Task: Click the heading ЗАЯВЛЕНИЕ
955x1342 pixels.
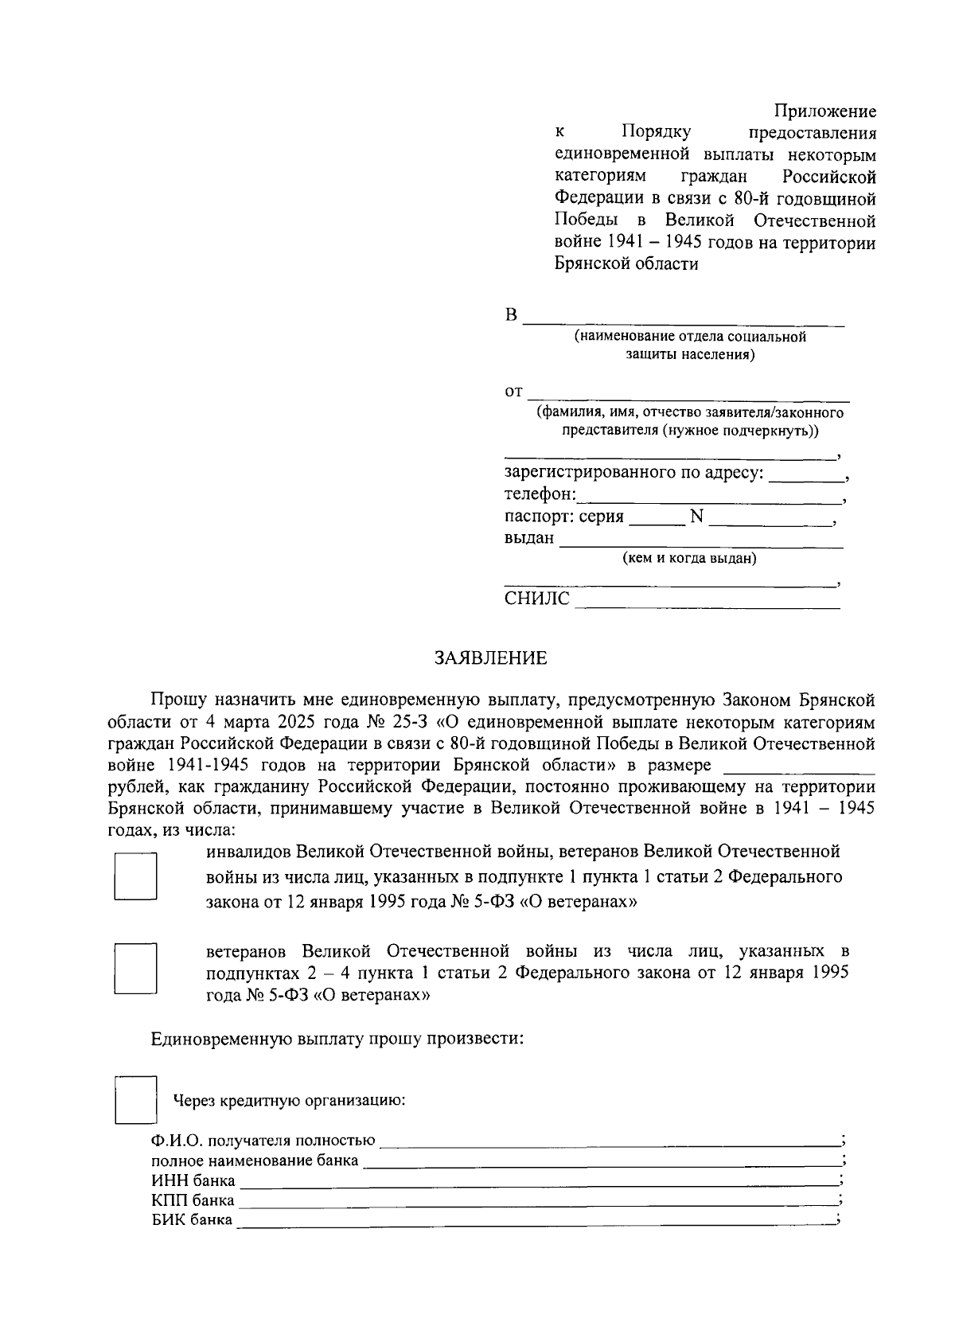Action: click(x=490, y=658)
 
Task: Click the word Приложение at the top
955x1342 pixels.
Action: click(x=824, y=111)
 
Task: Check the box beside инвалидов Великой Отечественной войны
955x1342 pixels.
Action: click(x=134, y=876)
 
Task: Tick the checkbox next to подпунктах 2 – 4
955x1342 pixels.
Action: click(x=134, y=969)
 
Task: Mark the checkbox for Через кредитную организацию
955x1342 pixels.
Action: click(x=135, y=1100)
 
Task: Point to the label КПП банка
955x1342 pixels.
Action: click(x=193, y=1200)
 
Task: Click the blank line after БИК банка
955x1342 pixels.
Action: click(x=535, y=1220)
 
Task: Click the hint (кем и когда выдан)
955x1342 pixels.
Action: click(x=689, y=558)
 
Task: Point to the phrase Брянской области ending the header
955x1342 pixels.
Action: click(x=626, y=264)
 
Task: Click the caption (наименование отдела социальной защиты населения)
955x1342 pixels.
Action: click(x=690, y=345)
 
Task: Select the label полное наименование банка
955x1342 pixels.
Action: click(x=255, y=1161)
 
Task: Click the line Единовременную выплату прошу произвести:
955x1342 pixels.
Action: click(x=337, y=1039)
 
